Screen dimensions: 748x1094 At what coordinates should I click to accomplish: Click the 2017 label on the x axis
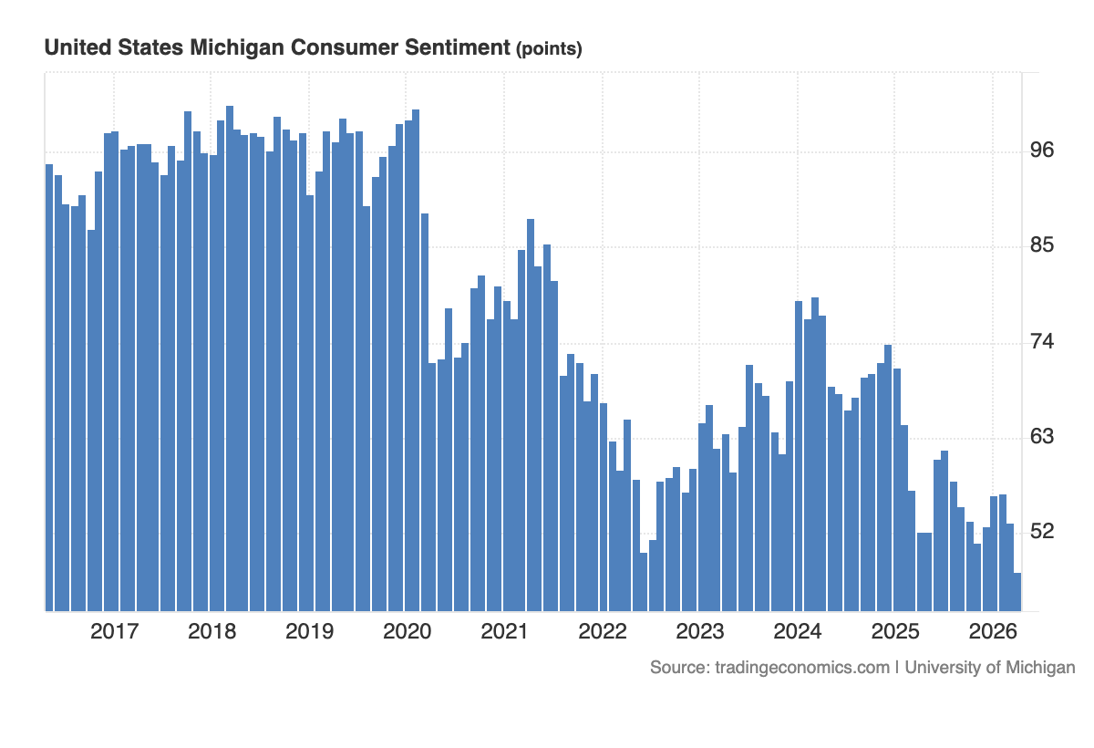[114, 631]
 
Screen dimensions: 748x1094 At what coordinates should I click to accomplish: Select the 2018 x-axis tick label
[212, 631]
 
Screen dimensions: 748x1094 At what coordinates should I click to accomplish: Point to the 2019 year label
[309, 631]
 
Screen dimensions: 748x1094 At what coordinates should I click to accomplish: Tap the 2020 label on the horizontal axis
[407, 631]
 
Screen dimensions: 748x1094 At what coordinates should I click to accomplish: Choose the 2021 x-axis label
[504, 631]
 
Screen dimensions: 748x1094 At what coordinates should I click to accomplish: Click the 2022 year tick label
[602, 631]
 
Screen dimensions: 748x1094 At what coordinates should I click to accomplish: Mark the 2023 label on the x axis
[699, 631]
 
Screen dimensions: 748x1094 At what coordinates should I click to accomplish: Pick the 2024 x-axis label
[798, 631]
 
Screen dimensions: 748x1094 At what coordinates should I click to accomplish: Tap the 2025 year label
[895, 631]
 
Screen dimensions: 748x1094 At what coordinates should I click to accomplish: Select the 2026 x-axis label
[993, 631]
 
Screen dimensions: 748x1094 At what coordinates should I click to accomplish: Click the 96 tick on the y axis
[1041, 150]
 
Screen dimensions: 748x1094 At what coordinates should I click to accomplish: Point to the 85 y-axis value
[1041, 245]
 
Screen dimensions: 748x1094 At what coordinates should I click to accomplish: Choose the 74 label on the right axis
[1041, 341]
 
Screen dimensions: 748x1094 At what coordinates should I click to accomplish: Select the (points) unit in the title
[549, 49]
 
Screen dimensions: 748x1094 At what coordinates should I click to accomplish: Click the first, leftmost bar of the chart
[49, 388]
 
